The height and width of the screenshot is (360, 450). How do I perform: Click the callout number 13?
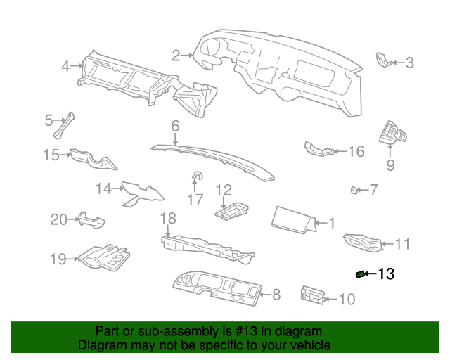pyautogui.click(x=387, y=274)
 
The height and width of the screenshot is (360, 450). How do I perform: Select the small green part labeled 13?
pyautogui.click(x=361, y=274)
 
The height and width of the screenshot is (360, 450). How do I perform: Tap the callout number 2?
pyautogui.click(x=175, y=54)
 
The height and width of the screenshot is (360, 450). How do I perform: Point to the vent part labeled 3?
pyautogui.click(x=385, y=61)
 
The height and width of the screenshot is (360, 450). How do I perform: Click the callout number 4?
pyautogui.click(x=65, y=66)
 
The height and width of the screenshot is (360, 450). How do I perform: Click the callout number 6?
pyautogui.click(x=174, y=127)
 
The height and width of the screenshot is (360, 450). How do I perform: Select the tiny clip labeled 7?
pyautogui.click(x=356, y=189)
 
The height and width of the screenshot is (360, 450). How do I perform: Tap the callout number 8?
pyautogui.click(x=276, y=295)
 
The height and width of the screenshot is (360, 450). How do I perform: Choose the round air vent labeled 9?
pyautogui.click(x=391, y=132)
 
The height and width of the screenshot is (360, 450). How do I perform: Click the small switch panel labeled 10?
pyautogui.click(x=311, y=296)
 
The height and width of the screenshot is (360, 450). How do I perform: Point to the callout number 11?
pyautogui.click(x=402, y=245)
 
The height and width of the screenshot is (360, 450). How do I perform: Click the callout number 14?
pyautogui.click(x=104, y=188)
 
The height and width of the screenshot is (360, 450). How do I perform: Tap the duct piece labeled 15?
pyautogui.click(x=93, y=159)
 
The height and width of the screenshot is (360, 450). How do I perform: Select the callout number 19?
pyautogui.click(x=57, y=259)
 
